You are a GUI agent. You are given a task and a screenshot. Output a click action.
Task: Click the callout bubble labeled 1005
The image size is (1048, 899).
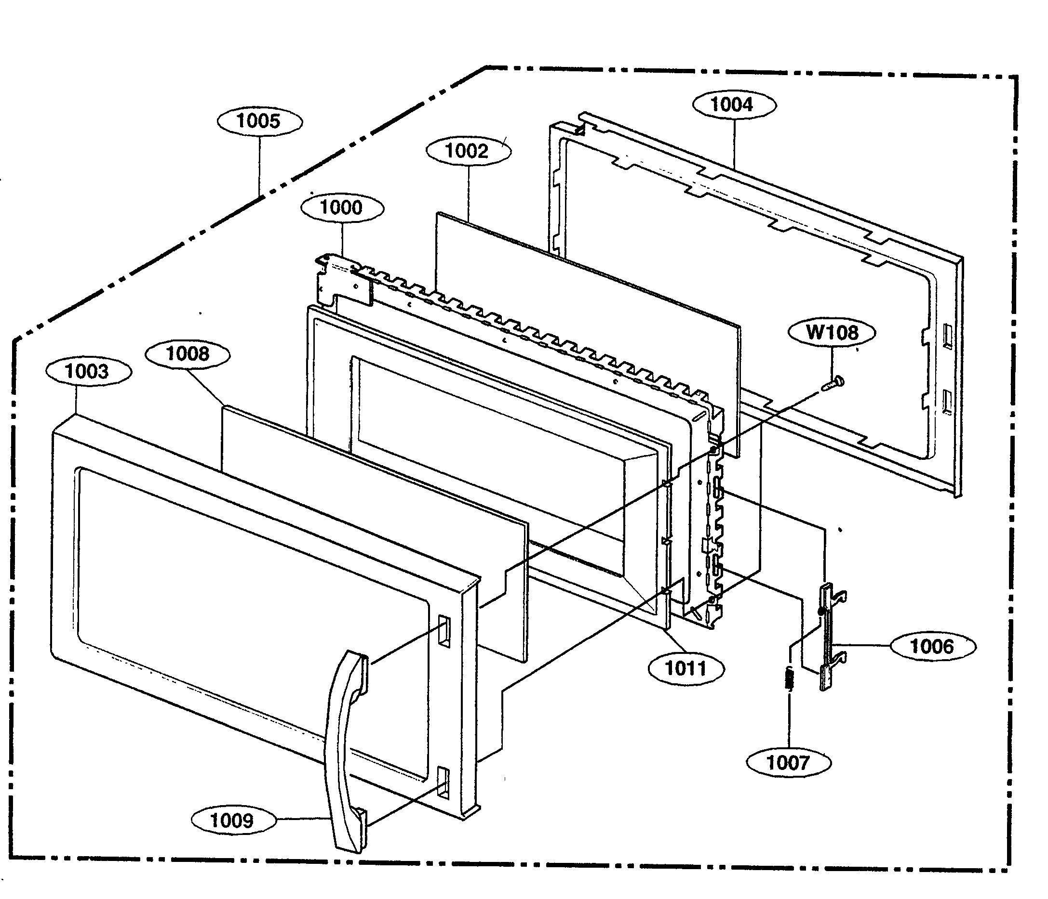(259, 121)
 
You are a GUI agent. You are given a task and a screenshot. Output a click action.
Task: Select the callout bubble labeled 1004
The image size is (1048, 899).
(733, 105)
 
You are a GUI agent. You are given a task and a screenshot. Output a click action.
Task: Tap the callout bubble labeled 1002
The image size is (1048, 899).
(468, 151)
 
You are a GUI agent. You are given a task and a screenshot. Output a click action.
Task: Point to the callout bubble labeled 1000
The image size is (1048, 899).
(342, 208)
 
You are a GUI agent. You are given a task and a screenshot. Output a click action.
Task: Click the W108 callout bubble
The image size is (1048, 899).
(832, 333)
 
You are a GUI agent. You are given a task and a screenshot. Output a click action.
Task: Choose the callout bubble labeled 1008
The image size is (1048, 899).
(188, 354)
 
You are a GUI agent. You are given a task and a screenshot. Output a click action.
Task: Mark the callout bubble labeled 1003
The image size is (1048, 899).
(88, 371)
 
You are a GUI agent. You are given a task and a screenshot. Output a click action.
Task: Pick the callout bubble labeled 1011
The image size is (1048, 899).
(686, 668)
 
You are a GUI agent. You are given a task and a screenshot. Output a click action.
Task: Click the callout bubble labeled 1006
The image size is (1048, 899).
(932, 646)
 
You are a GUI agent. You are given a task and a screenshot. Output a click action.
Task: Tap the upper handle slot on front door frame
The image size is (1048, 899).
(443, 631)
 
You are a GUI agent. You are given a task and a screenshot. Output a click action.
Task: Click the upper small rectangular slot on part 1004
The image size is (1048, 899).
(947, 336)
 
